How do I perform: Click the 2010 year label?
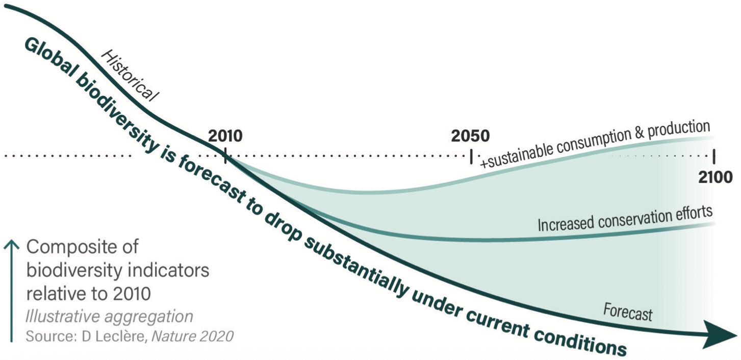pyautogui.click(x=225, y=136)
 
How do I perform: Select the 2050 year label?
pyautogui.click(x=470, y=136)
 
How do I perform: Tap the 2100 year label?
pyautogui.click(x=715, y=176)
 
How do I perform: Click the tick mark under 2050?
pyautogui.click(x=471, y=156)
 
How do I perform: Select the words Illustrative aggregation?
pyautogui.click(x=109, y=317)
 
